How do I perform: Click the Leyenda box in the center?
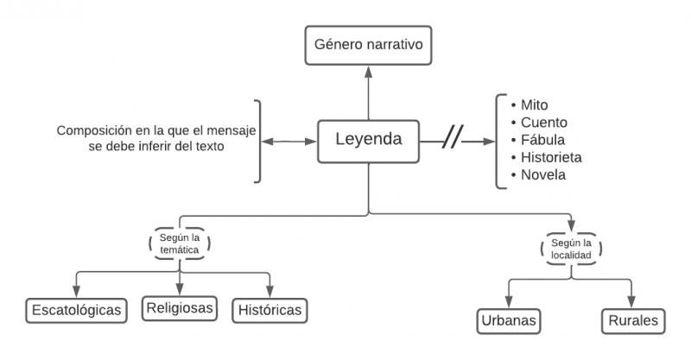[x=369, y=139]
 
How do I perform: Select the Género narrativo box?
[x=369, y=44]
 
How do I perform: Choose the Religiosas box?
[x=181, y=308]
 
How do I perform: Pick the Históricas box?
[x=269, y=309]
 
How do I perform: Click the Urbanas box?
[x=510, y=321]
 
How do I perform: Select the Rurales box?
[x=632, y=321]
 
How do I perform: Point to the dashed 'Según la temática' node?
[x=181, y=243]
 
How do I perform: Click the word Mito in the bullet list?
[x=535, y=104]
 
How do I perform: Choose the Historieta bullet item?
[x=551, y=157]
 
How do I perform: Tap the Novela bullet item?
[x=543, y=175]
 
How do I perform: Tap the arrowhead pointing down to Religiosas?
[x=181, y=288]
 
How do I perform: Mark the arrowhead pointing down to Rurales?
[x=632, y=300]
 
